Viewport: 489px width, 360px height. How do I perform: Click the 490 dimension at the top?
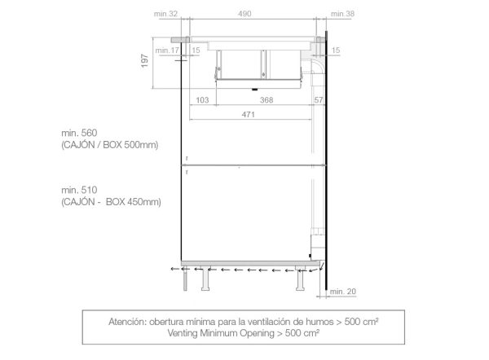click(x=244, y=14)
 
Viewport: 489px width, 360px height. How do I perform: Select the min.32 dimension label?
click(x=165, y=14)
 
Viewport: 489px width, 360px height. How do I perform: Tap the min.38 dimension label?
click(x=342, y=14)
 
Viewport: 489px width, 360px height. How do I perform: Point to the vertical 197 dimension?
click(x=145, y=61)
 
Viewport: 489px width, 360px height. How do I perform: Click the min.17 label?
click(x=167, y=50)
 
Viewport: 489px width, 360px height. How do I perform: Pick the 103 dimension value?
click(x=202, y=100)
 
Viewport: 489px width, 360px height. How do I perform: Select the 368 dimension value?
click(x=267, y=100)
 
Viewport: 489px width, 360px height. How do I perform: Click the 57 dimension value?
click(x=319, y=100)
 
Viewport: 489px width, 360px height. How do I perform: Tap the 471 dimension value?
click(x=249, y=115)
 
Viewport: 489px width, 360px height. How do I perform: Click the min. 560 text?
click(x=79, y=133)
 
